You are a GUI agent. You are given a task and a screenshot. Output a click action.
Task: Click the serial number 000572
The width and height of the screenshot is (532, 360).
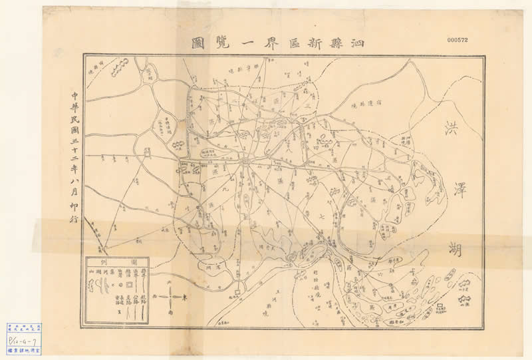[458, 40]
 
